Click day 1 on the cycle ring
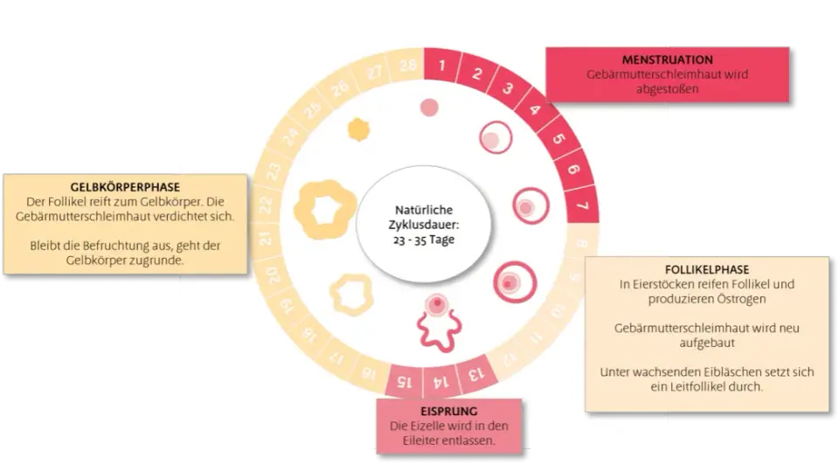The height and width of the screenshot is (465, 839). pos(442,66)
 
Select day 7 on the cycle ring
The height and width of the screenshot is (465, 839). pos(582,205)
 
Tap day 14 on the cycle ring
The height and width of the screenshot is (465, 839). pos(440,381)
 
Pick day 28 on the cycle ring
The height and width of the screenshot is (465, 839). pos(408,66)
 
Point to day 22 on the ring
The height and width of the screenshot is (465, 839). pos(266,205)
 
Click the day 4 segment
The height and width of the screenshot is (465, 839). pos(535,110)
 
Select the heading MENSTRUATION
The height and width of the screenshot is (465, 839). pos(667,60)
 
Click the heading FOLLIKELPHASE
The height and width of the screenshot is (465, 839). pos(707,270)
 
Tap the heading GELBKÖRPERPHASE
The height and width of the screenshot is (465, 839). pos(125,187)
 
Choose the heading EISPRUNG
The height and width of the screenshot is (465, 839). pos(448,412)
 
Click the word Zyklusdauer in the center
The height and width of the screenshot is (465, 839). pos(424,225)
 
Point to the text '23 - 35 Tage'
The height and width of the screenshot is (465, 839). pos(424,239)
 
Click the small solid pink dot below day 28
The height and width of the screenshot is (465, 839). pos(429,108)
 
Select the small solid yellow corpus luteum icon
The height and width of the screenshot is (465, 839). pos(358,129)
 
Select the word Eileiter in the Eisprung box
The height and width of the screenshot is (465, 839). pos(421,441)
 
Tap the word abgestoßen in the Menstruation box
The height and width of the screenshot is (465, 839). pos(667,89)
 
